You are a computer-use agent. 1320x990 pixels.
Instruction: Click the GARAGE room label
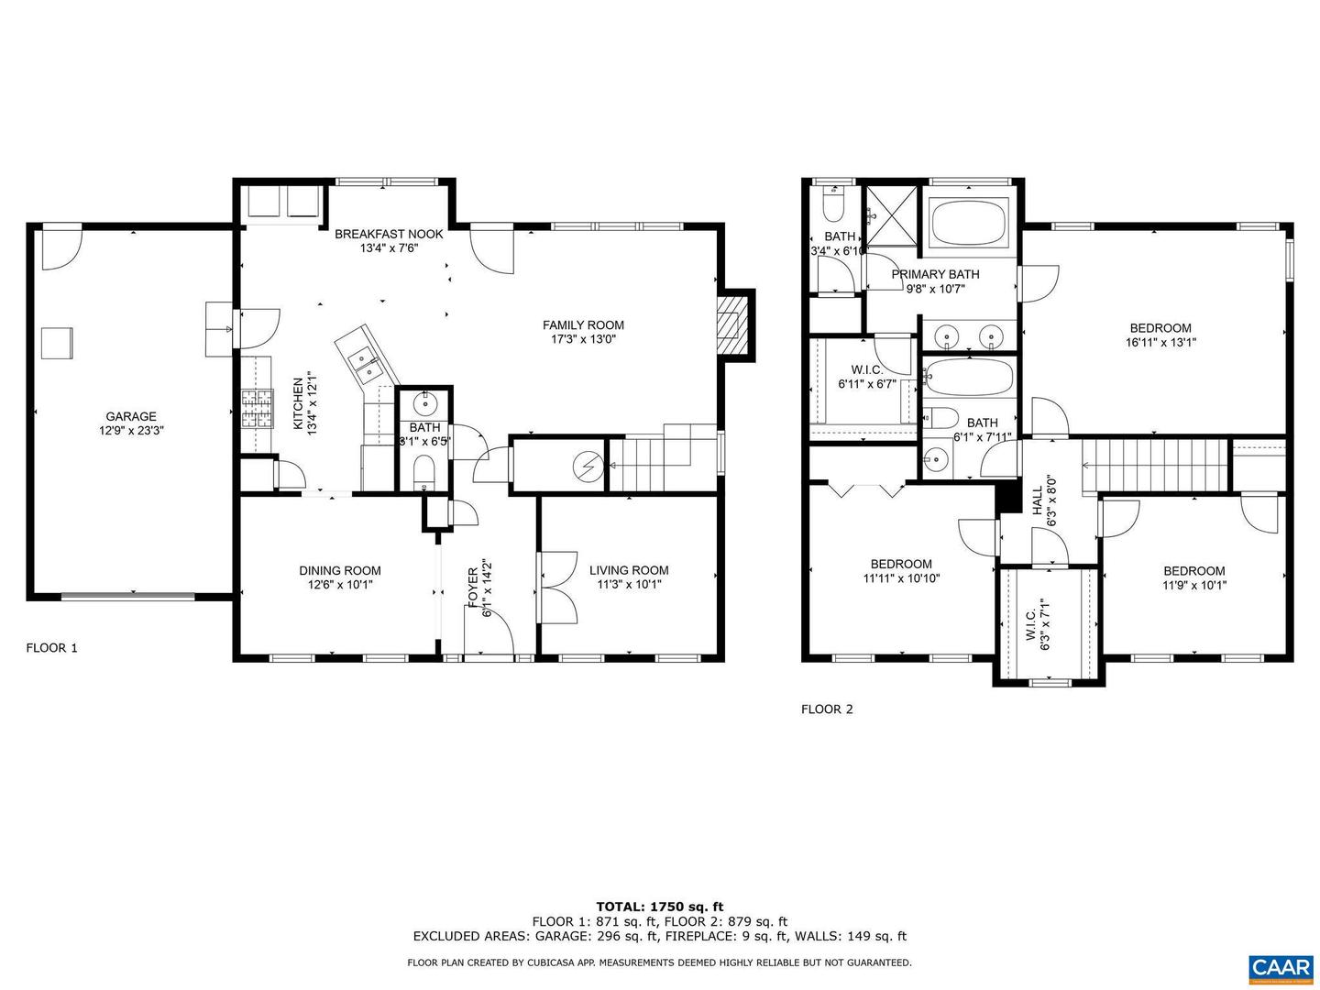[x=131, y=416]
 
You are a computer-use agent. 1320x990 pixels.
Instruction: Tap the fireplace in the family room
[x=731, y=325]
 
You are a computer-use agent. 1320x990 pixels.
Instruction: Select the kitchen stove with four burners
[x=257, y=409]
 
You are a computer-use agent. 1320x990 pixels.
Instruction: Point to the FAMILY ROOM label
[x=583, y=324]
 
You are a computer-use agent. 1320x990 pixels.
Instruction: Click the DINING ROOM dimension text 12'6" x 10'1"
[x=339, y=584]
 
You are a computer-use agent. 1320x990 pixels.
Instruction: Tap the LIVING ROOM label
[x=628, y=569]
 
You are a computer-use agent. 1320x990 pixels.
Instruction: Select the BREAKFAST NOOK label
[x=389, y=234]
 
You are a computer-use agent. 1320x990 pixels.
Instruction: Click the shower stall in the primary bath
[x=891, y=216]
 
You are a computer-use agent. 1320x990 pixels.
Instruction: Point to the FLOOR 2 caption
[x=827, y=709]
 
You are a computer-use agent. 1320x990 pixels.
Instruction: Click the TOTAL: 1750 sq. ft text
[x=659, y=907]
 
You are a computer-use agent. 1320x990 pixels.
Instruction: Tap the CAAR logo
[x=1279, y=967]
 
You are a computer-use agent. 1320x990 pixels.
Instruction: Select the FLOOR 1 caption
[x=51, y=647]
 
